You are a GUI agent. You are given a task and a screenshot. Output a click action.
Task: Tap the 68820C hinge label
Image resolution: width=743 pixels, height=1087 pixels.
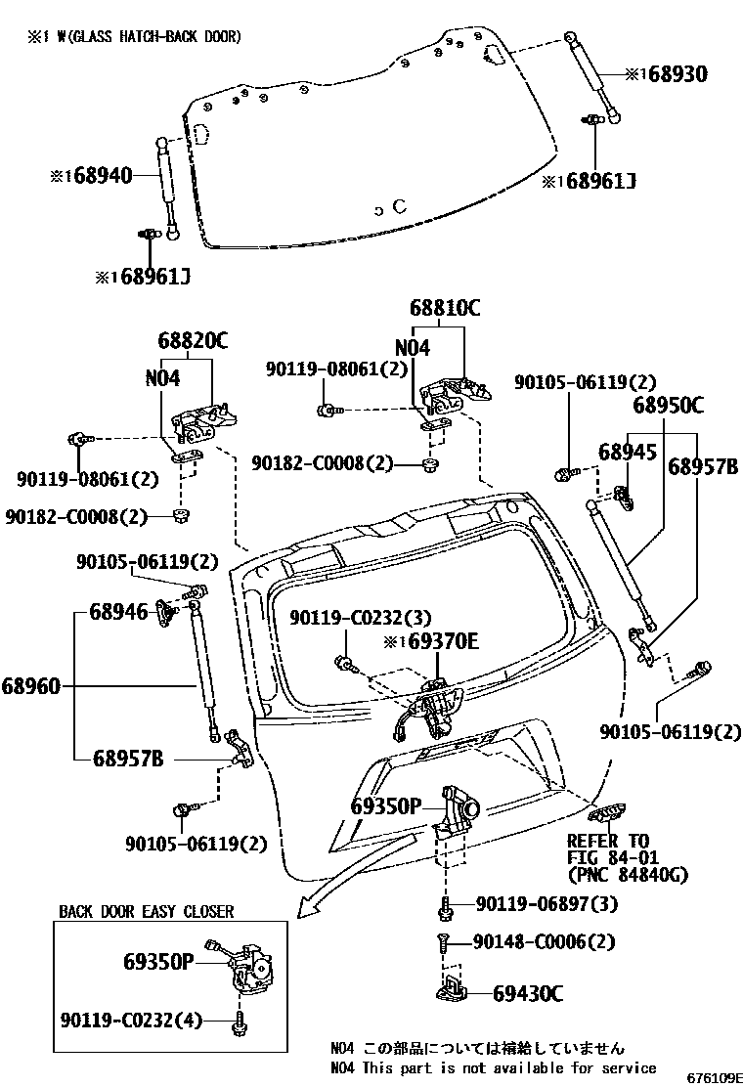click(192, 341)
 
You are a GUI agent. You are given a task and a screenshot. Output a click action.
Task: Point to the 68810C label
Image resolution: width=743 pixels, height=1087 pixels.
click(445, 308)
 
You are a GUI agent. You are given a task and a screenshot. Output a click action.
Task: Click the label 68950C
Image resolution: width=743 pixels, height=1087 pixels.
click(668, 405)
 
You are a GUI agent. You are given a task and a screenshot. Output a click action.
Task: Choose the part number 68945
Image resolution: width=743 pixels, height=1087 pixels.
click(627, 452)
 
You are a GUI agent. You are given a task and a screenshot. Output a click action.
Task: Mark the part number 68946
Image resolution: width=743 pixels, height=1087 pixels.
click(118, 612)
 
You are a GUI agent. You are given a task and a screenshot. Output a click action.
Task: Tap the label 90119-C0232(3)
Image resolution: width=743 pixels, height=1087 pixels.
click(360, 617)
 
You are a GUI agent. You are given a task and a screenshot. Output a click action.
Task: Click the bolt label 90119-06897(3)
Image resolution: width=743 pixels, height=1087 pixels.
click(547, 904)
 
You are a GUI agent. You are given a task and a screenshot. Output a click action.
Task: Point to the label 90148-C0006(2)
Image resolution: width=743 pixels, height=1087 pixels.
click(545, 942)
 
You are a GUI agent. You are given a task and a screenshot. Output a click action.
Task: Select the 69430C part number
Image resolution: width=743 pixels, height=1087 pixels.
click(528, 994)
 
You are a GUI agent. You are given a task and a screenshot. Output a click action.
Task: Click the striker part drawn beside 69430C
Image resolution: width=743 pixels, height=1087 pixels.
click(452, 990)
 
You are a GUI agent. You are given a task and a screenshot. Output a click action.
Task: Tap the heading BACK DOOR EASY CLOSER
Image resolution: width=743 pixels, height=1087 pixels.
click(147, 911)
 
